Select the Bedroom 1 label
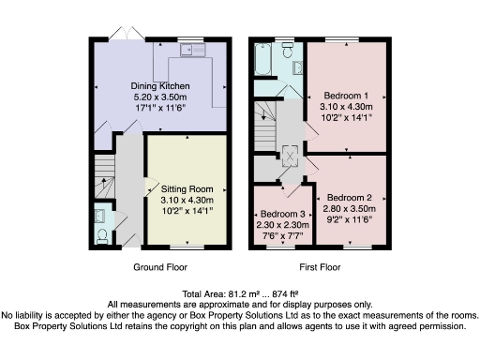(x=347, y=96)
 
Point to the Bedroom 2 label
(x=352, y=200)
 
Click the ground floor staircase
(x=104, y=178)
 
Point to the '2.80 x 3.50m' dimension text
(x=352, y=211)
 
